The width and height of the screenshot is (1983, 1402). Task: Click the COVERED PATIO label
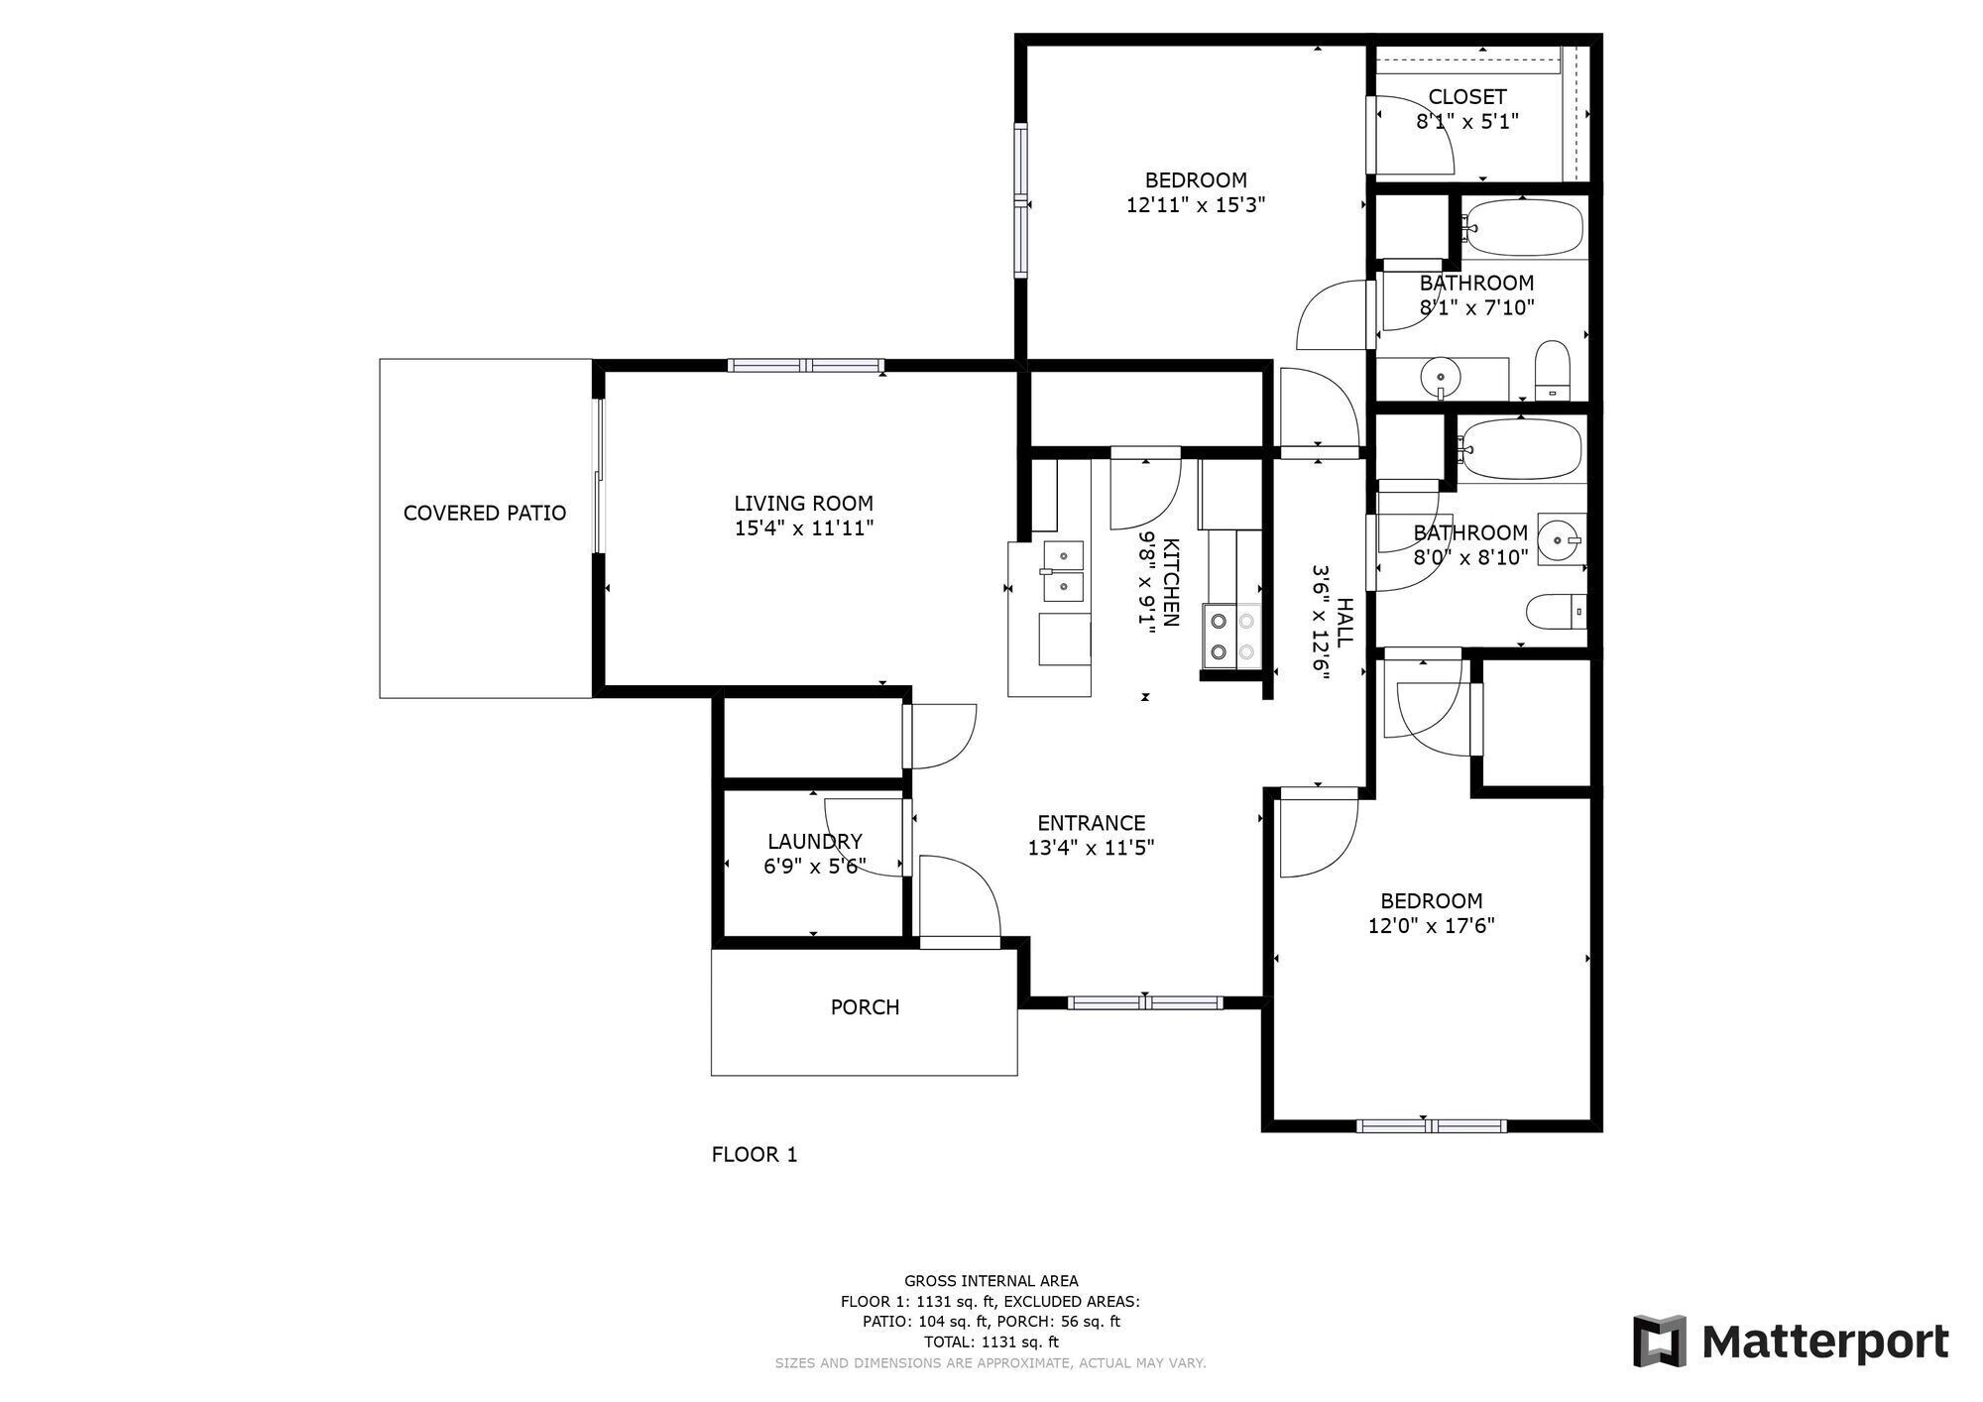485,513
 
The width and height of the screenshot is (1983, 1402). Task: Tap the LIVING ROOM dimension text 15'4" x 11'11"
804,528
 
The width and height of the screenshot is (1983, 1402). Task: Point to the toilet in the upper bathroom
1552,371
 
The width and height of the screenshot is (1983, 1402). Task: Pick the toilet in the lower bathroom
1557,612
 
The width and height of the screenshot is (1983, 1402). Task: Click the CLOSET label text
1467,97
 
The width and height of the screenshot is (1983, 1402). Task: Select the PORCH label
866,1007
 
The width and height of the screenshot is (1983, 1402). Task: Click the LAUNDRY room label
815,842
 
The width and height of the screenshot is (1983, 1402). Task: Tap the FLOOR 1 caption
755,1155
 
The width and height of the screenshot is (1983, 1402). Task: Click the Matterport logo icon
1660,1342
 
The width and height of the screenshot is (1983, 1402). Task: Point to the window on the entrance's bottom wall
1145,1002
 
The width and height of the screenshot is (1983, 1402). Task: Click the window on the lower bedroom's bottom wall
1431,1125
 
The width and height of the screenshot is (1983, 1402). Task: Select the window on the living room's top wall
806,365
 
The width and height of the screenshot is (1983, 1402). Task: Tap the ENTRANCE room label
1092,823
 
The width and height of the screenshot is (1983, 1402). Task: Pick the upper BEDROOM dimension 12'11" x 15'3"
1196,205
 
